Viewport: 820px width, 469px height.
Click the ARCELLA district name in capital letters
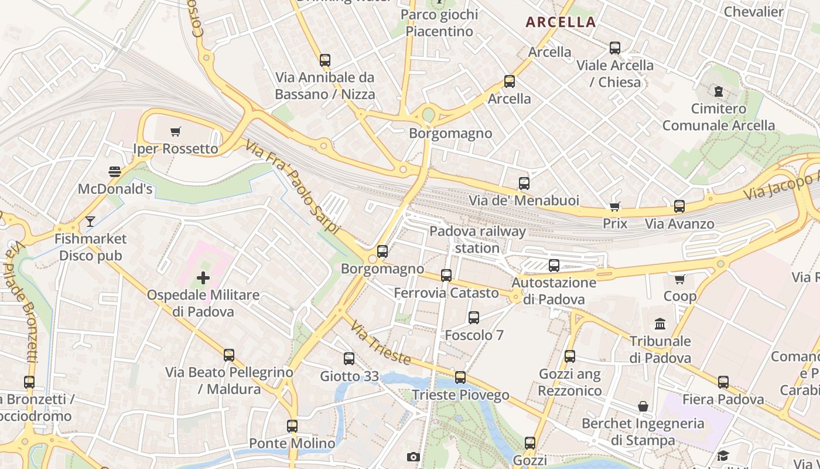tap(561, 22)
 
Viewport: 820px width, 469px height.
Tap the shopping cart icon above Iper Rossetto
tap(175, 131)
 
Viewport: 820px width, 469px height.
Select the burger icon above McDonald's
tap(115, 172)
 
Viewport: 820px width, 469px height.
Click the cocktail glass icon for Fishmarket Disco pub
tap(90, 222)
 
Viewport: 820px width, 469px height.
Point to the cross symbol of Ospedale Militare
tap(203, 277)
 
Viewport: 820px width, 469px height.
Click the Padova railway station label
tap(477, 239)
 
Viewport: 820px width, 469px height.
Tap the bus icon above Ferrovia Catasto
tap(446, 275)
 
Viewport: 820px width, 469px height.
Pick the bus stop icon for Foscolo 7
tap(474, 318)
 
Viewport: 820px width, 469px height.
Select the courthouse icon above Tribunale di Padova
tap(660, 324)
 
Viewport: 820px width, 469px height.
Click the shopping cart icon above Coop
tap(679, 279)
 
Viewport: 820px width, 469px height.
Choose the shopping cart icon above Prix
tap(615, 206)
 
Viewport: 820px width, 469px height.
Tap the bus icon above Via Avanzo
tap(679, 206)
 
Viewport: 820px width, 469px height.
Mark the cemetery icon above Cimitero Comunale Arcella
tap(718, 91)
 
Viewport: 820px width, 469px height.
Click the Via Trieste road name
tap(380, 342)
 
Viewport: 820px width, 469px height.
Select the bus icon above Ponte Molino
tap(292, 426)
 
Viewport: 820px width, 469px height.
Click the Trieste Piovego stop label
tap(460, 395)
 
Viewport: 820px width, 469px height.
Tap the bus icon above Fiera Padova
tap(723, 382)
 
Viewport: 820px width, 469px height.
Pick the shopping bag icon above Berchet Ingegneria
tap(643, 406)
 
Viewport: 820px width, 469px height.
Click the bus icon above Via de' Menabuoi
tap(524, 183)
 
